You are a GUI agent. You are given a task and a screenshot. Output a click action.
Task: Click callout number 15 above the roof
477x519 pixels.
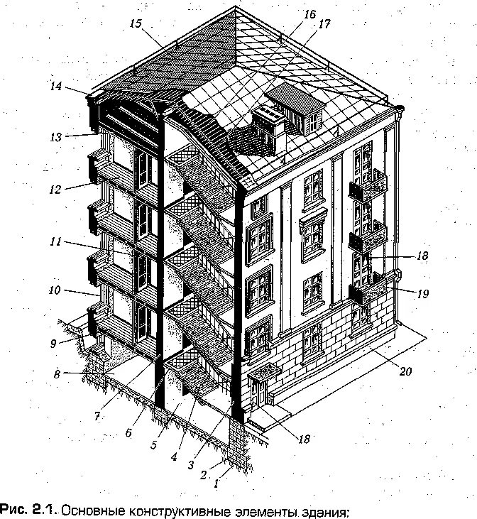[136, 23]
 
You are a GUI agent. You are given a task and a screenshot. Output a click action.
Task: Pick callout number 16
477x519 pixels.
[309, 13]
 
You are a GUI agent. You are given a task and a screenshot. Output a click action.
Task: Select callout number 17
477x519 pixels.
[325, 24]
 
